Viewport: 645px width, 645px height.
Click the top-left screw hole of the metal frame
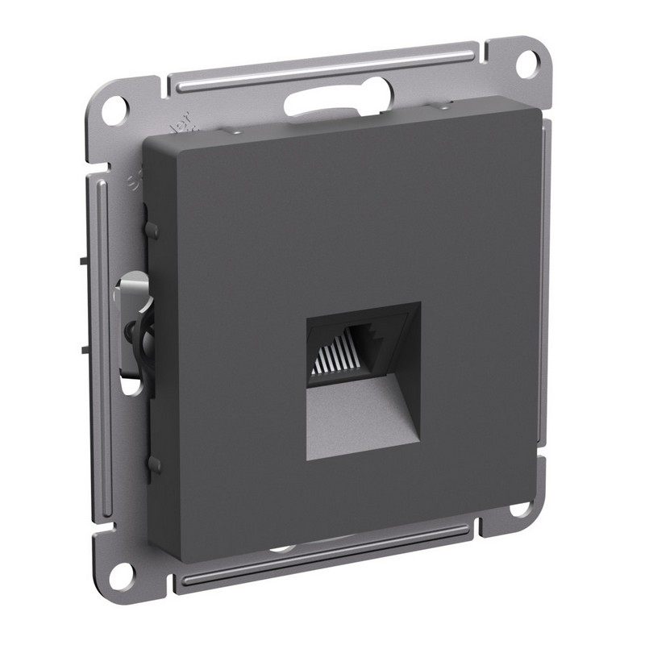pyautogui.click(x=114, y=108)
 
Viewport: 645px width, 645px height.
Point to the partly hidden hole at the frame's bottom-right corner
pyautogui.click(x=522, y=509)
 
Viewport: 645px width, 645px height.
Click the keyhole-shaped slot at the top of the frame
pyautogui.click(x=335, y=101)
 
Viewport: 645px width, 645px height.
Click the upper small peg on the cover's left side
pyautogui.click(x=152, y=231)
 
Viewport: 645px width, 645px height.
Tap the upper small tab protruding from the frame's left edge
pyautogui.click(x=84, y=260)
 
